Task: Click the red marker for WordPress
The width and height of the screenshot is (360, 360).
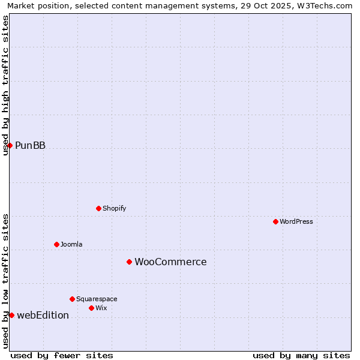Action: [275, 222]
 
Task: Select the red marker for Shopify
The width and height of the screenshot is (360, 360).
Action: [98, 209]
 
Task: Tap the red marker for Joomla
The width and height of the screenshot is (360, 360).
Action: [56, 244]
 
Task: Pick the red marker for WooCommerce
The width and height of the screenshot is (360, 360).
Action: [129, 262]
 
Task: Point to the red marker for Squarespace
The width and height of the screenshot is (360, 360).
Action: [72, 299]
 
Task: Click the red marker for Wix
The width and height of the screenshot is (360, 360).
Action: [91, 308]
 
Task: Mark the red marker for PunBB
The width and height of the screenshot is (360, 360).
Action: [10, 145]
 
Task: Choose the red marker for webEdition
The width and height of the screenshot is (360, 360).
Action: [11, 315]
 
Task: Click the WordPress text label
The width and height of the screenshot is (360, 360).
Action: [296, 222]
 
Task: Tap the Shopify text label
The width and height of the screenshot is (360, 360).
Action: [114, 209]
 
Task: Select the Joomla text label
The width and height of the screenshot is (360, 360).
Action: [71, 244]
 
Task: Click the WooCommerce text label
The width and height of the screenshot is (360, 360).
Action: [170, 262]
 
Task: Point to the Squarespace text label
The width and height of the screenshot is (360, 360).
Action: [97, 299]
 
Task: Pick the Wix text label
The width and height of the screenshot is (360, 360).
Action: [101, 308]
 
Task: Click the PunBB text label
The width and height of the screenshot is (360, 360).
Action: [30, 146]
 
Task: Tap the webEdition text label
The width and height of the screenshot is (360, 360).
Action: [43, 316]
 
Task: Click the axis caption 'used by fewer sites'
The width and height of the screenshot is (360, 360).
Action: [62, 355]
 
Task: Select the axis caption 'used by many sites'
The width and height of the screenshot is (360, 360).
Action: [301, 355]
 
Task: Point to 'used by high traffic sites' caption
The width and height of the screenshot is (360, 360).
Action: [5, 85]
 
